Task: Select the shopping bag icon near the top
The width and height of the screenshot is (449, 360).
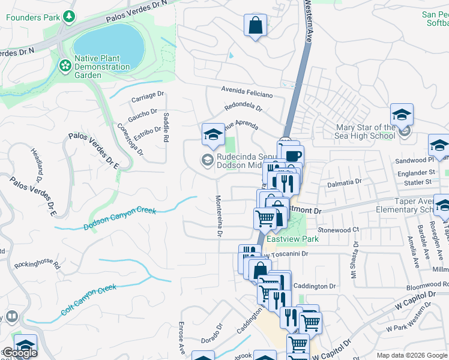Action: tap(255, 25)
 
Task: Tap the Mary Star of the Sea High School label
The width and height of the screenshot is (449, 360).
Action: tap(366, 131)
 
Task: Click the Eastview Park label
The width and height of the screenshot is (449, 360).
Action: tap(292, 239)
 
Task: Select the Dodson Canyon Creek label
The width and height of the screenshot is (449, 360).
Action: tap(120, 219)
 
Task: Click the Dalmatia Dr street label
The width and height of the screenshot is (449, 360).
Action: tap(345, 181)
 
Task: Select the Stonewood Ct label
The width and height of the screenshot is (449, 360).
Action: tap(338, 230)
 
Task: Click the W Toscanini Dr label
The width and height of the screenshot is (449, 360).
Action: tap(287, 254)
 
